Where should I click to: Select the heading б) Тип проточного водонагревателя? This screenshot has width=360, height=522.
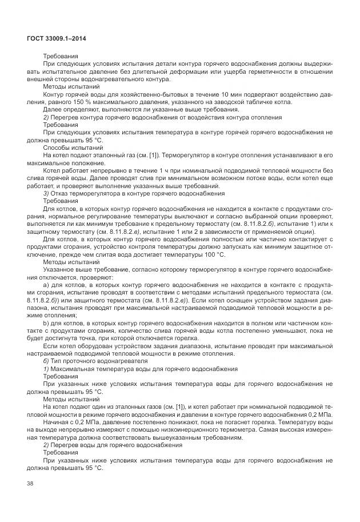tap(93, 361)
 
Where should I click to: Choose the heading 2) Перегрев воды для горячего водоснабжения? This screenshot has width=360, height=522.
tap(109, 444)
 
